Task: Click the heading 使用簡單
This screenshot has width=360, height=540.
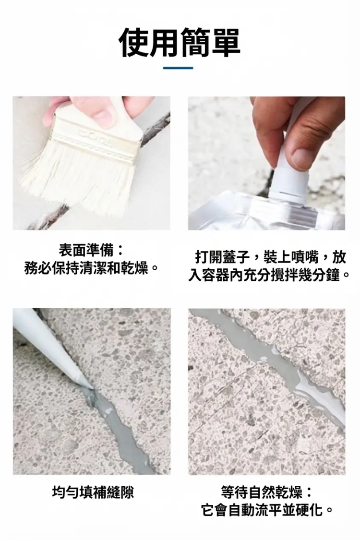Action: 179,43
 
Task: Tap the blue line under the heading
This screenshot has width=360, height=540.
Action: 178,68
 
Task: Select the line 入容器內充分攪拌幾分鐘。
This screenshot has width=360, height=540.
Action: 268,276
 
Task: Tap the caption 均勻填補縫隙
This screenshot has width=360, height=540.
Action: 92,492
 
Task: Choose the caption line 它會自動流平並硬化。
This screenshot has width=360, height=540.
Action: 266,510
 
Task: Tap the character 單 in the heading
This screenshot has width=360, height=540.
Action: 225,43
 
